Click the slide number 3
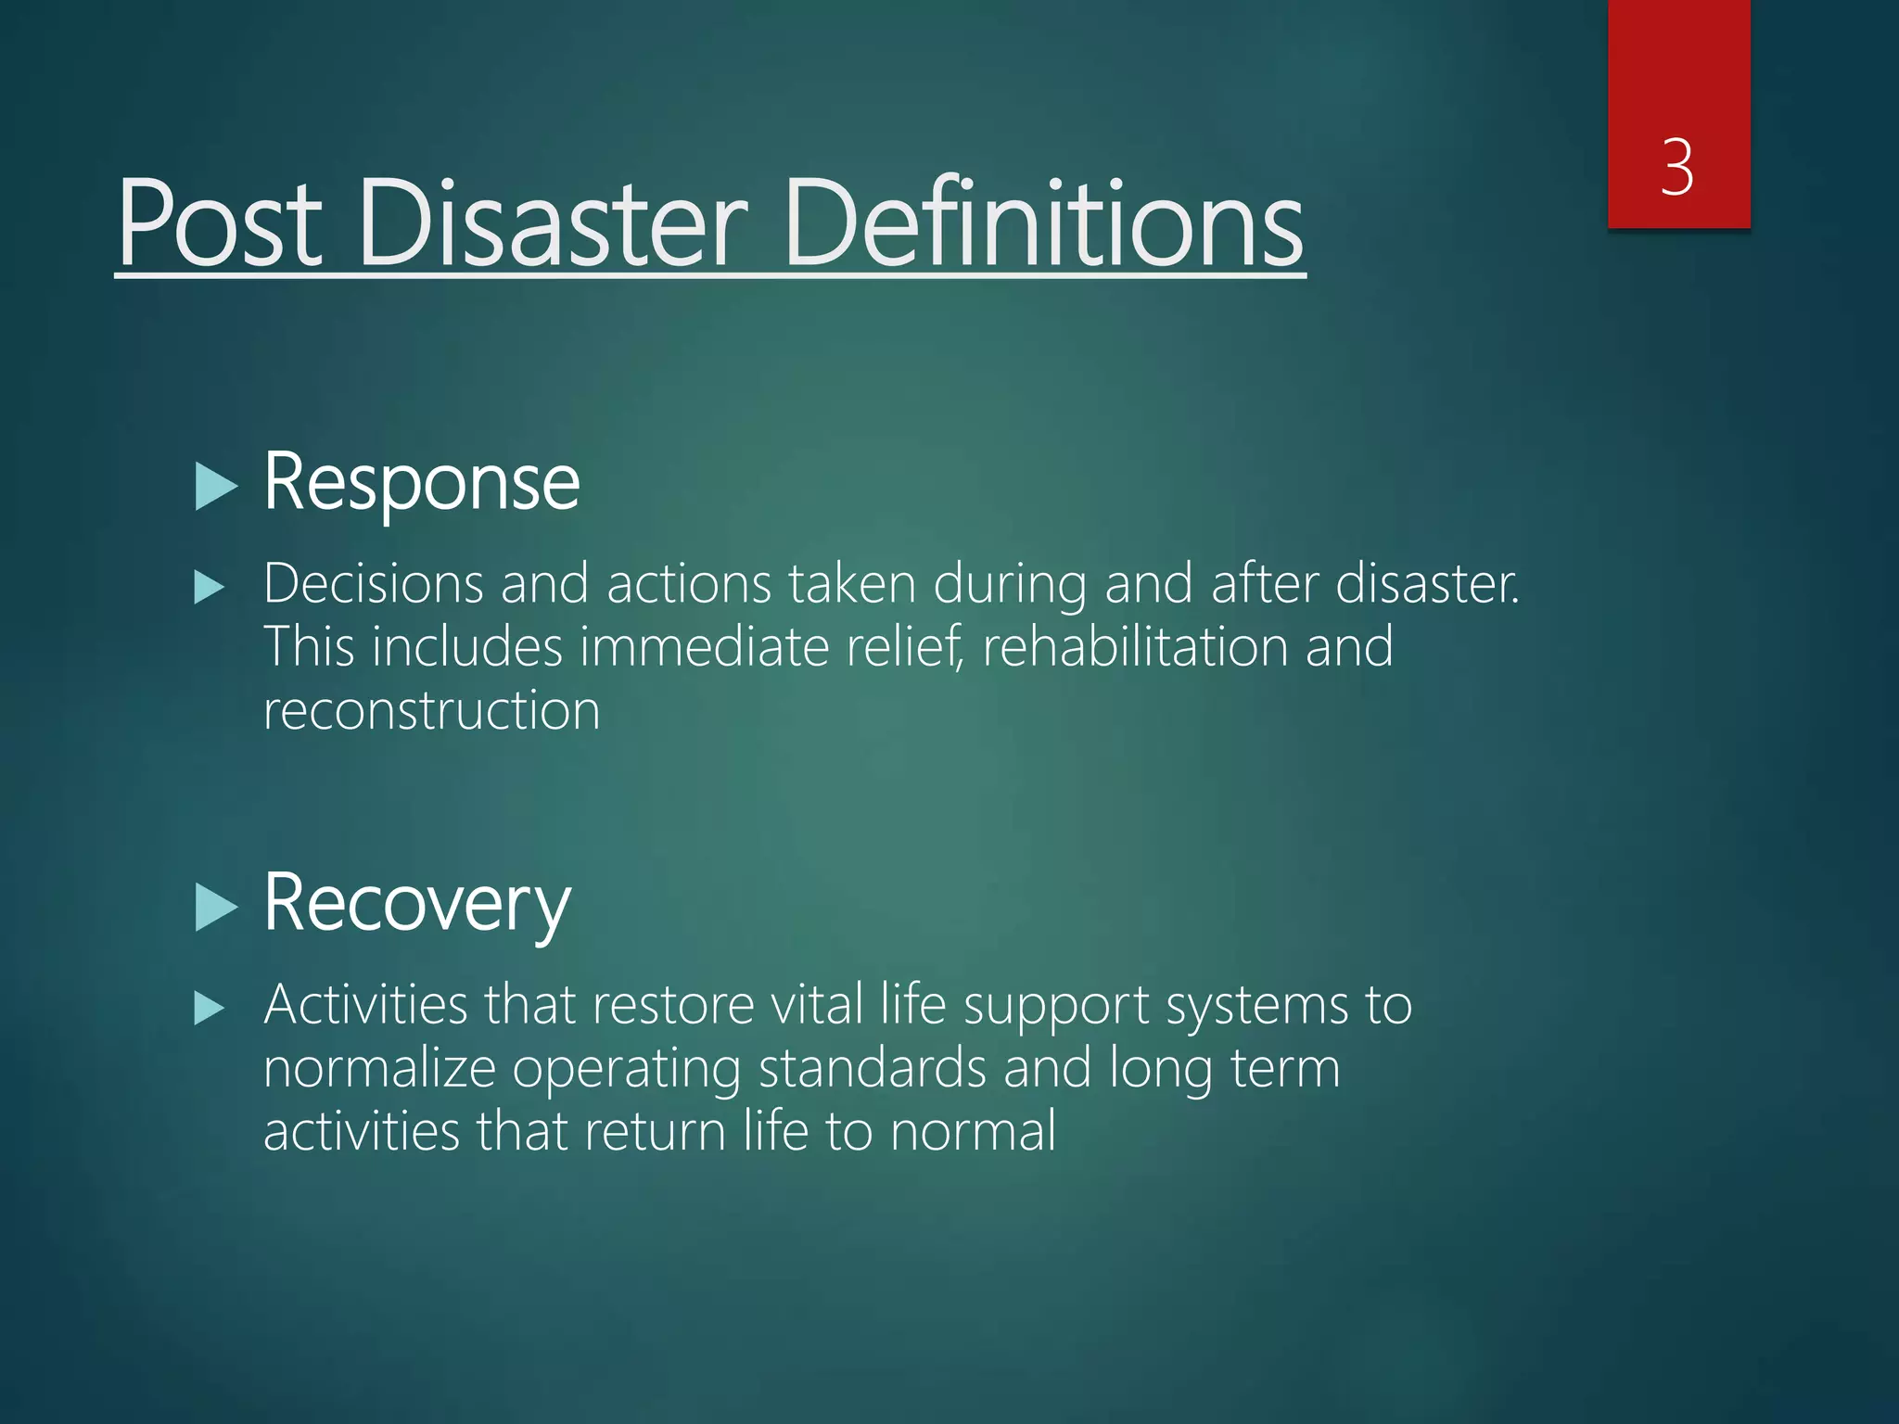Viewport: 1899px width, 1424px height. coord(1677,168)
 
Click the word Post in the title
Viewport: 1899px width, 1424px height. coord(221,223)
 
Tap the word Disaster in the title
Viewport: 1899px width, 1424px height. coord(553,223)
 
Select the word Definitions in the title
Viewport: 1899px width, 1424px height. coord(1043,223)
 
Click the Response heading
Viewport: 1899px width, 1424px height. coord(422,483)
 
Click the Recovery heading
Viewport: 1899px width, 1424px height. coord(416,904)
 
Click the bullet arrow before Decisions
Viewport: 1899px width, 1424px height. coord(210,588)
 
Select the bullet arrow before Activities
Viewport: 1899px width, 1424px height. coord(210,1009)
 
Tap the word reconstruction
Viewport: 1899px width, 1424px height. coord(432,710)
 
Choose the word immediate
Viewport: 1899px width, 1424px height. coord(705,646)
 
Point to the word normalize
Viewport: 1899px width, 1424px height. coord(380,1068)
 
